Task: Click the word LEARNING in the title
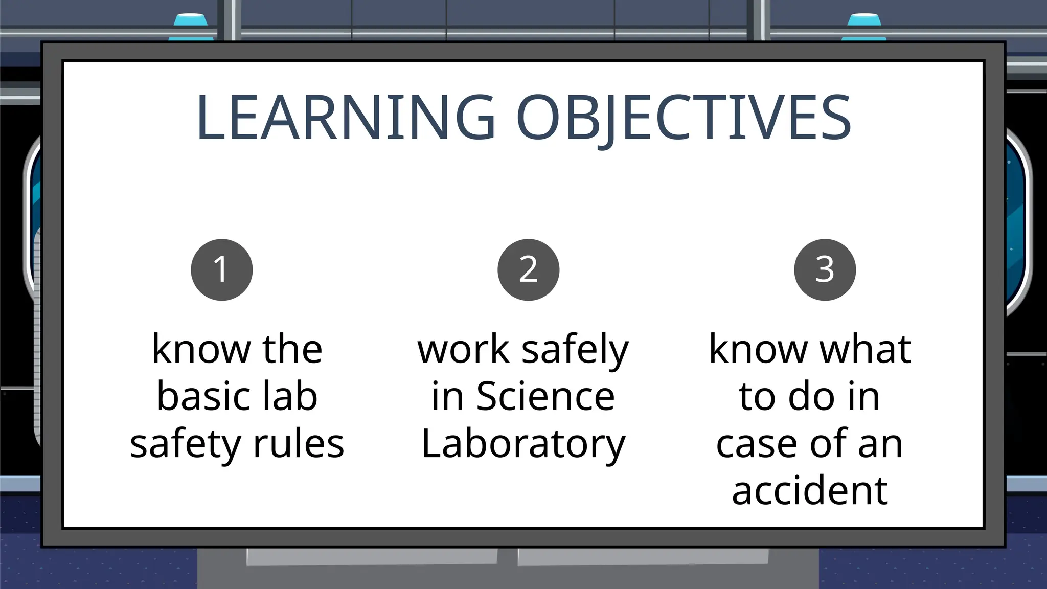click(x=346, y=118)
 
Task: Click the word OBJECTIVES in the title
click(x=684, y=118)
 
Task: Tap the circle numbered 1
click(x=222, y=269)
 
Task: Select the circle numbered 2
click(x=528, y=269)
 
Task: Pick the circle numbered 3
click(x=825, y=269)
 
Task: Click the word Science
click(x=545, y=397)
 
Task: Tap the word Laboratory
click(x=523, y=444)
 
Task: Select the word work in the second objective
click(x=463, y=350)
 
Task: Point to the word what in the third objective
click(x=866, y=350)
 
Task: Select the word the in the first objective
click(x=292, y=350)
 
